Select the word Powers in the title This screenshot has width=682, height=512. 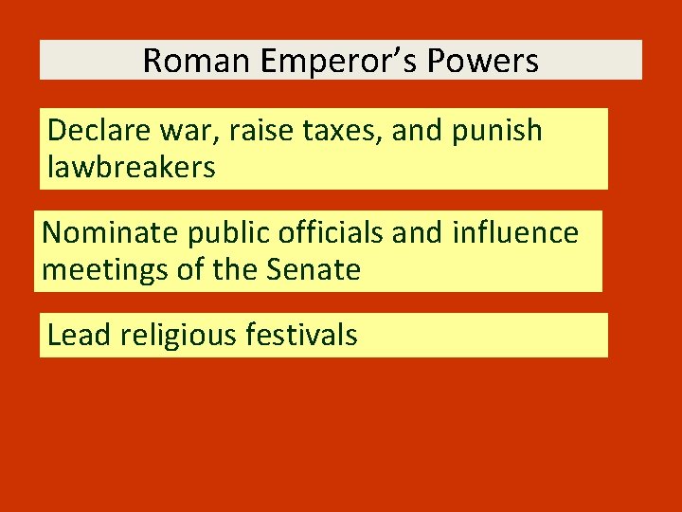click(x=482, y=61)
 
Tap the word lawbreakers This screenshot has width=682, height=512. click(x=131, y=167)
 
